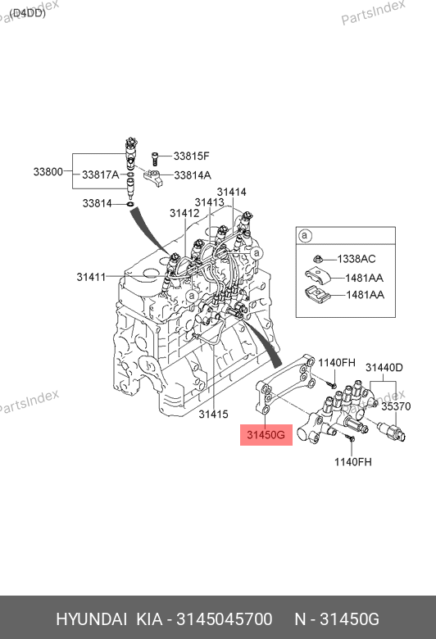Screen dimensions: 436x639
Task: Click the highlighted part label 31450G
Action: pyautogui.click(x=266, y=435)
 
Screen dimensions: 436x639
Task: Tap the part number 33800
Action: pyautogui.click(x=48, y=171)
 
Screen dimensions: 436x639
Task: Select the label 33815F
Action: pyautogui.click(x=191, y=156)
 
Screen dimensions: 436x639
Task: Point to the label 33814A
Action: pyautogui.click(x=193, y=175)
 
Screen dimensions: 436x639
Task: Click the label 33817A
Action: pyautogui.click(x=100, y=174)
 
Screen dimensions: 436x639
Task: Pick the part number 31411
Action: pyautogui.click(x=91, y=277)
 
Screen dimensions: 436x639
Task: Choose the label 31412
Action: pyautogui.click(x=184, y=213)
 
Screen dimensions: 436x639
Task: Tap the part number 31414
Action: pyautogui.click(x=231, y=192)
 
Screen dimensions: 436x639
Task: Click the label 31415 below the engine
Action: pyautogui.click(x=213, y=415)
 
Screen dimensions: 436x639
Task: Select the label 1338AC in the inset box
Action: pyautogui.click(x=357, y=259)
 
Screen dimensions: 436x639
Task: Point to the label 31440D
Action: pyautogui.click(x=384, y=368)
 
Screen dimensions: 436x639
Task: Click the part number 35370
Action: pyautogui.click(x=396, y=406)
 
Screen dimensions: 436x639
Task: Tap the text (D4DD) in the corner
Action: pyautogui.click(x=27, y=13)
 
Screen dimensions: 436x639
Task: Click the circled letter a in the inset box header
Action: pyautogui.click(x=305, y=236)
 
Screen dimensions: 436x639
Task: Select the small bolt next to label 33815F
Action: pyautogui.click(x=155, y=159)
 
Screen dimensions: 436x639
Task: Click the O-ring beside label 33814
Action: pyautogui.click(x=130, y=204)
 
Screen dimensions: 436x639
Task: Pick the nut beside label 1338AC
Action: pyautogui.click(x=318, y=258)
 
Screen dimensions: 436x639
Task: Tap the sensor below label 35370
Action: pyautogui.click(x=392, y=432)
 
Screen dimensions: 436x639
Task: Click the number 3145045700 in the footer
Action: pyautogui.click(x=224, y=619)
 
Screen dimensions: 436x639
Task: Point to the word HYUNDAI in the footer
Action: pyautogui.click(x=91, y=619)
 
